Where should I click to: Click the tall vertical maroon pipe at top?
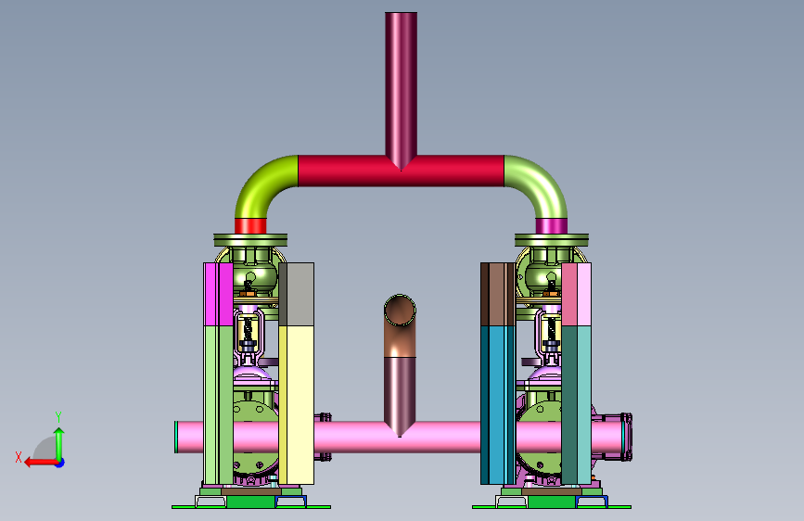pyautogui.click(x=401, y=87)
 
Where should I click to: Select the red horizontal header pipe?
pyautogui.click(x=401, y=171)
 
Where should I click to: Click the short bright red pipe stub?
pyautogui.click(x=250, y=226)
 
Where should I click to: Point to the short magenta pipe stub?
pyautogui.click(x=551, y=226)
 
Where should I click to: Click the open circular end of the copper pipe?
pyautogui.click(x=400, y=310)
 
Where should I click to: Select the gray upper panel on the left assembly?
pyautogui.click(x=297, y=295)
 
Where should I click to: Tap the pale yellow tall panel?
pyautogui.click(x=297, y=405)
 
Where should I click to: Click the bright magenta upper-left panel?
pyautogui.click(x=219, y=295)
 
